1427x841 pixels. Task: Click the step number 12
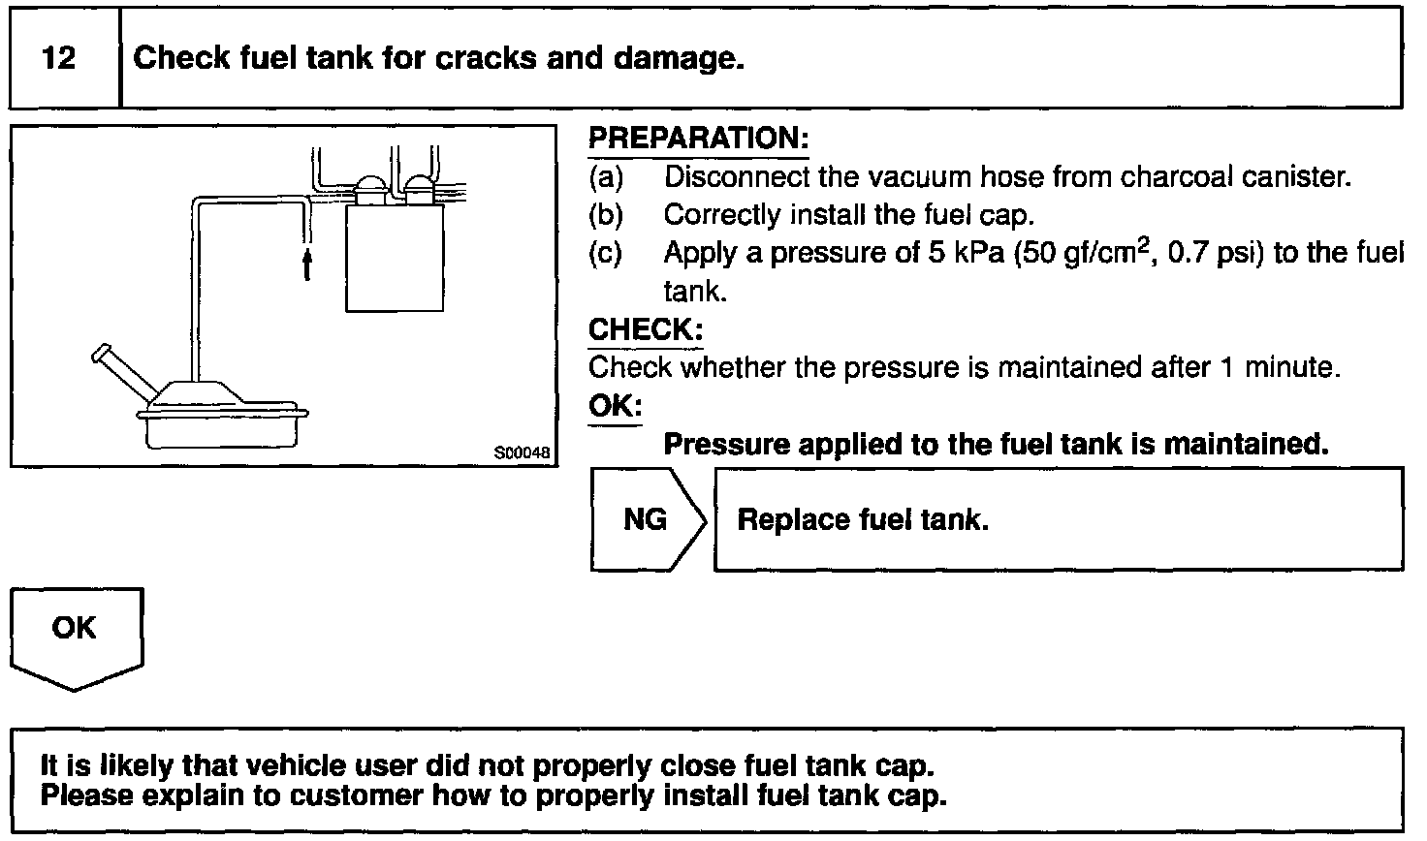point(59,58)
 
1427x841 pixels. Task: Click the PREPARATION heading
point(698,139)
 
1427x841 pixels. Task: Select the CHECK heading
point(646,330)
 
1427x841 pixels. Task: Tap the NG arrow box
point(647,520)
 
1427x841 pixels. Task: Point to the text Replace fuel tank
point(863,520)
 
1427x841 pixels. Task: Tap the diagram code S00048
point(522,452)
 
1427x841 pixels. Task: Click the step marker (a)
point(606,177)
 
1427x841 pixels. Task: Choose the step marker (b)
point(606,215)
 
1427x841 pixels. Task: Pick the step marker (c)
point(606,254)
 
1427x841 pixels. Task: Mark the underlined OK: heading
point(615,406)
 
